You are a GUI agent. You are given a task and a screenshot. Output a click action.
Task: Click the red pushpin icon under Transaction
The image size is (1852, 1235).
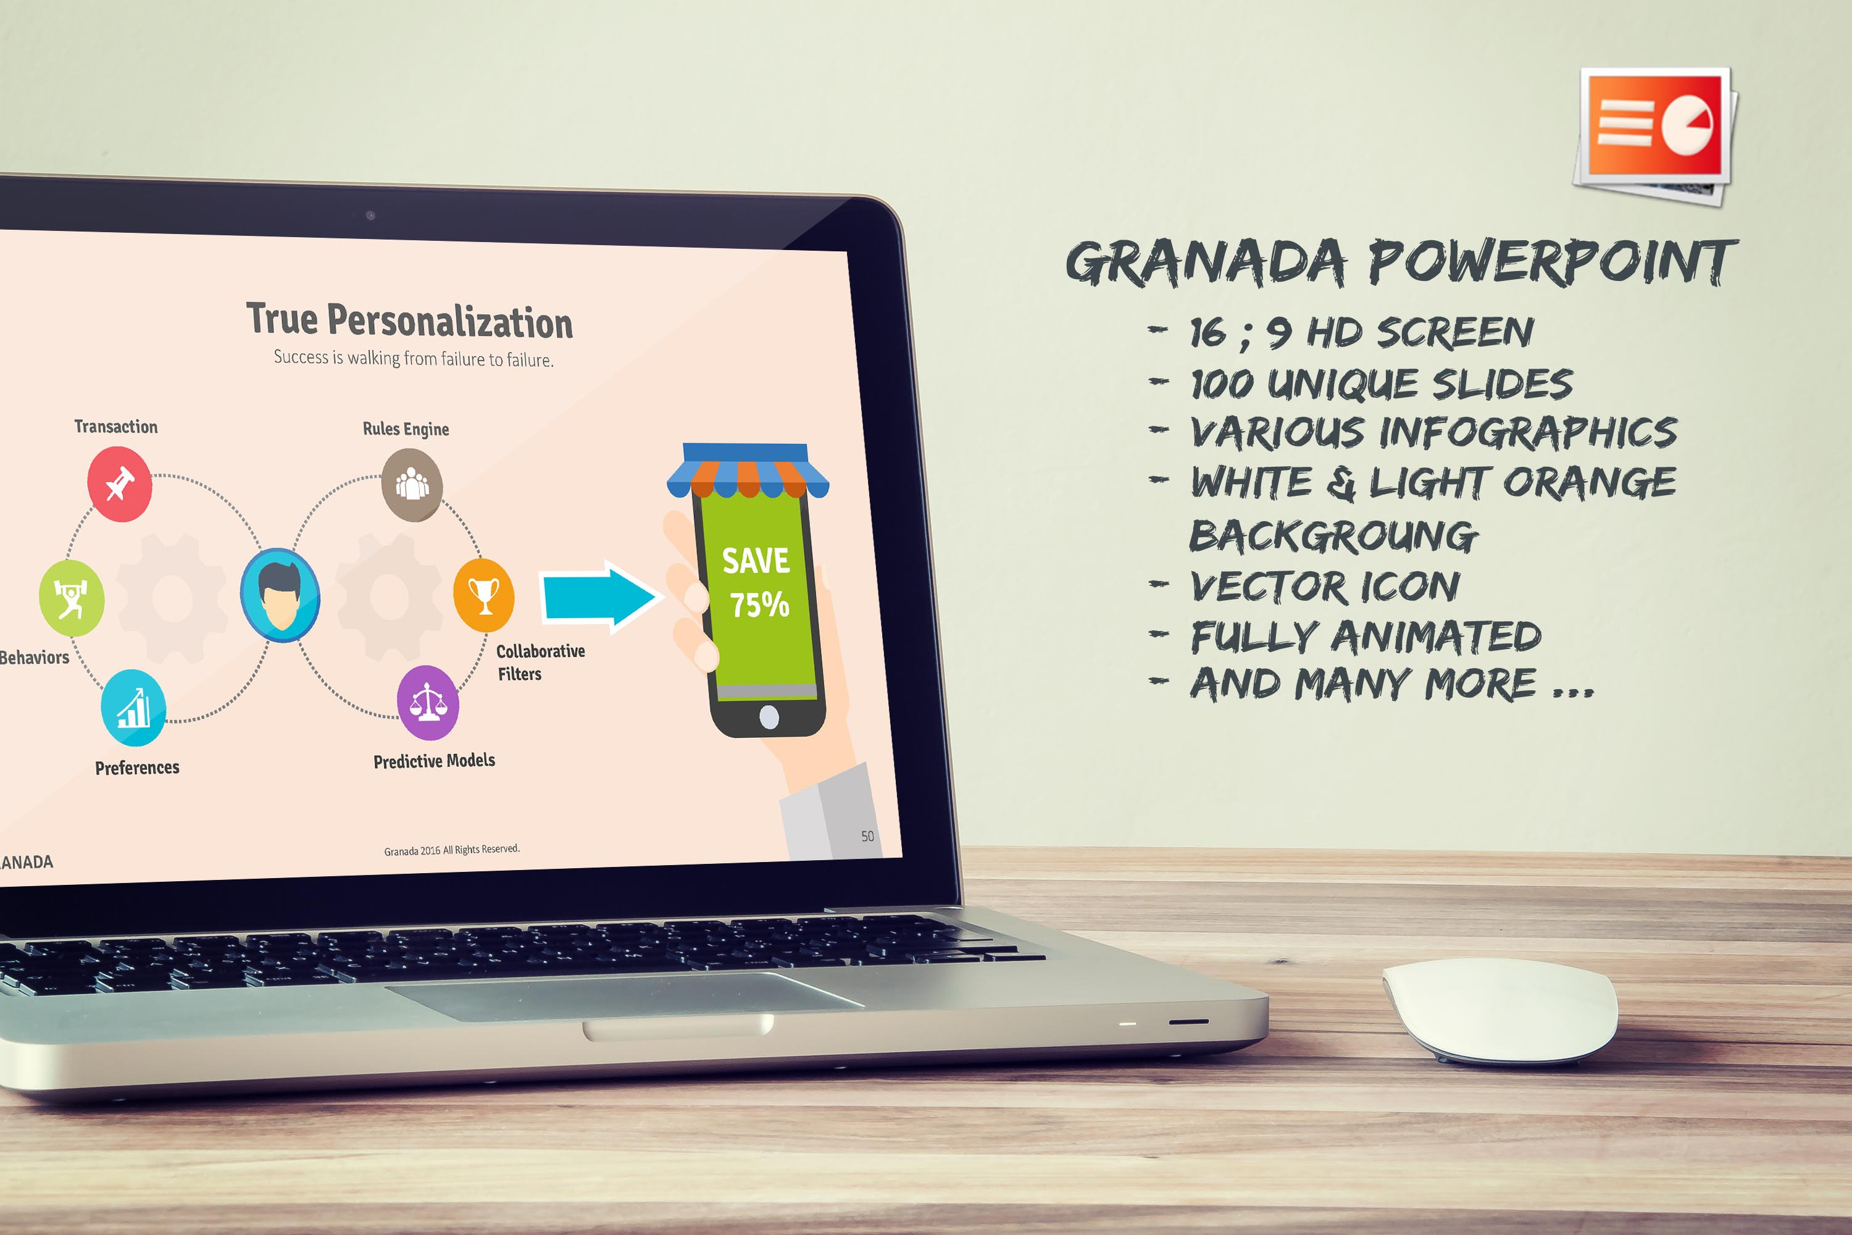[120, 484]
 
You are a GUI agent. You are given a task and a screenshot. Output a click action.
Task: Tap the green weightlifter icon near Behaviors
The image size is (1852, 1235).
[72, 598]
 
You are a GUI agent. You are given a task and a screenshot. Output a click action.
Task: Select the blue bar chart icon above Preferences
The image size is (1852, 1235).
[134, 707]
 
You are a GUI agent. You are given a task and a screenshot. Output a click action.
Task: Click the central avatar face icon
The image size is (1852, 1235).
[280, 595]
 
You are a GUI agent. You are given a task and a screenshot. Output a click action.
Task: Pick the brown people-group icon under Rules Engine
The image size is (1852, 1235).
[412, 484]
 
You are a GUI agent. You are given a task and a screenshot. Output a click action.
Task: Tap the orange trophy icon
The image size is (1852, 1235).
[484, 595]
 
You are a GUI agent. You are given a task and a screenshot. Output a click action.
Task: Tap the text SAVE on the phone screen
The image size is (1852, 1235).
[756, 561]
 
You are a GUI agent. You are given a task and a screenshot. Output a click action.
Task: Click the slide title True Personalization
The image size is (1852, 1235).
[409, 320]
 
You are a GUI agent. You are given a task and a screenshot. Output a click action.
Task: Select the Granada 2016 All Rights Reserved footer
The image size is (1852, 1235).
[452, 850]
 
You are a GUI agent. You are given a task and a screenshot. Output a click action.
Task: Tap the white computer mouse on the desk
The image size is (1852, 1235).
[1500, 1010]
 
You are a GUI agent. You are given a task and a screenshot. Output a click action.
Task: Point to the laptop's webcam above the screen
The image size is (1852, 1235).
[370, 215]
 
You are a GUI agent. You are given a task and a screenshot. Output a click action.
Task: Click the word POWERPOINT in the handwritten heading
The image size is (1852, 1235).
[1552, 262]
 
